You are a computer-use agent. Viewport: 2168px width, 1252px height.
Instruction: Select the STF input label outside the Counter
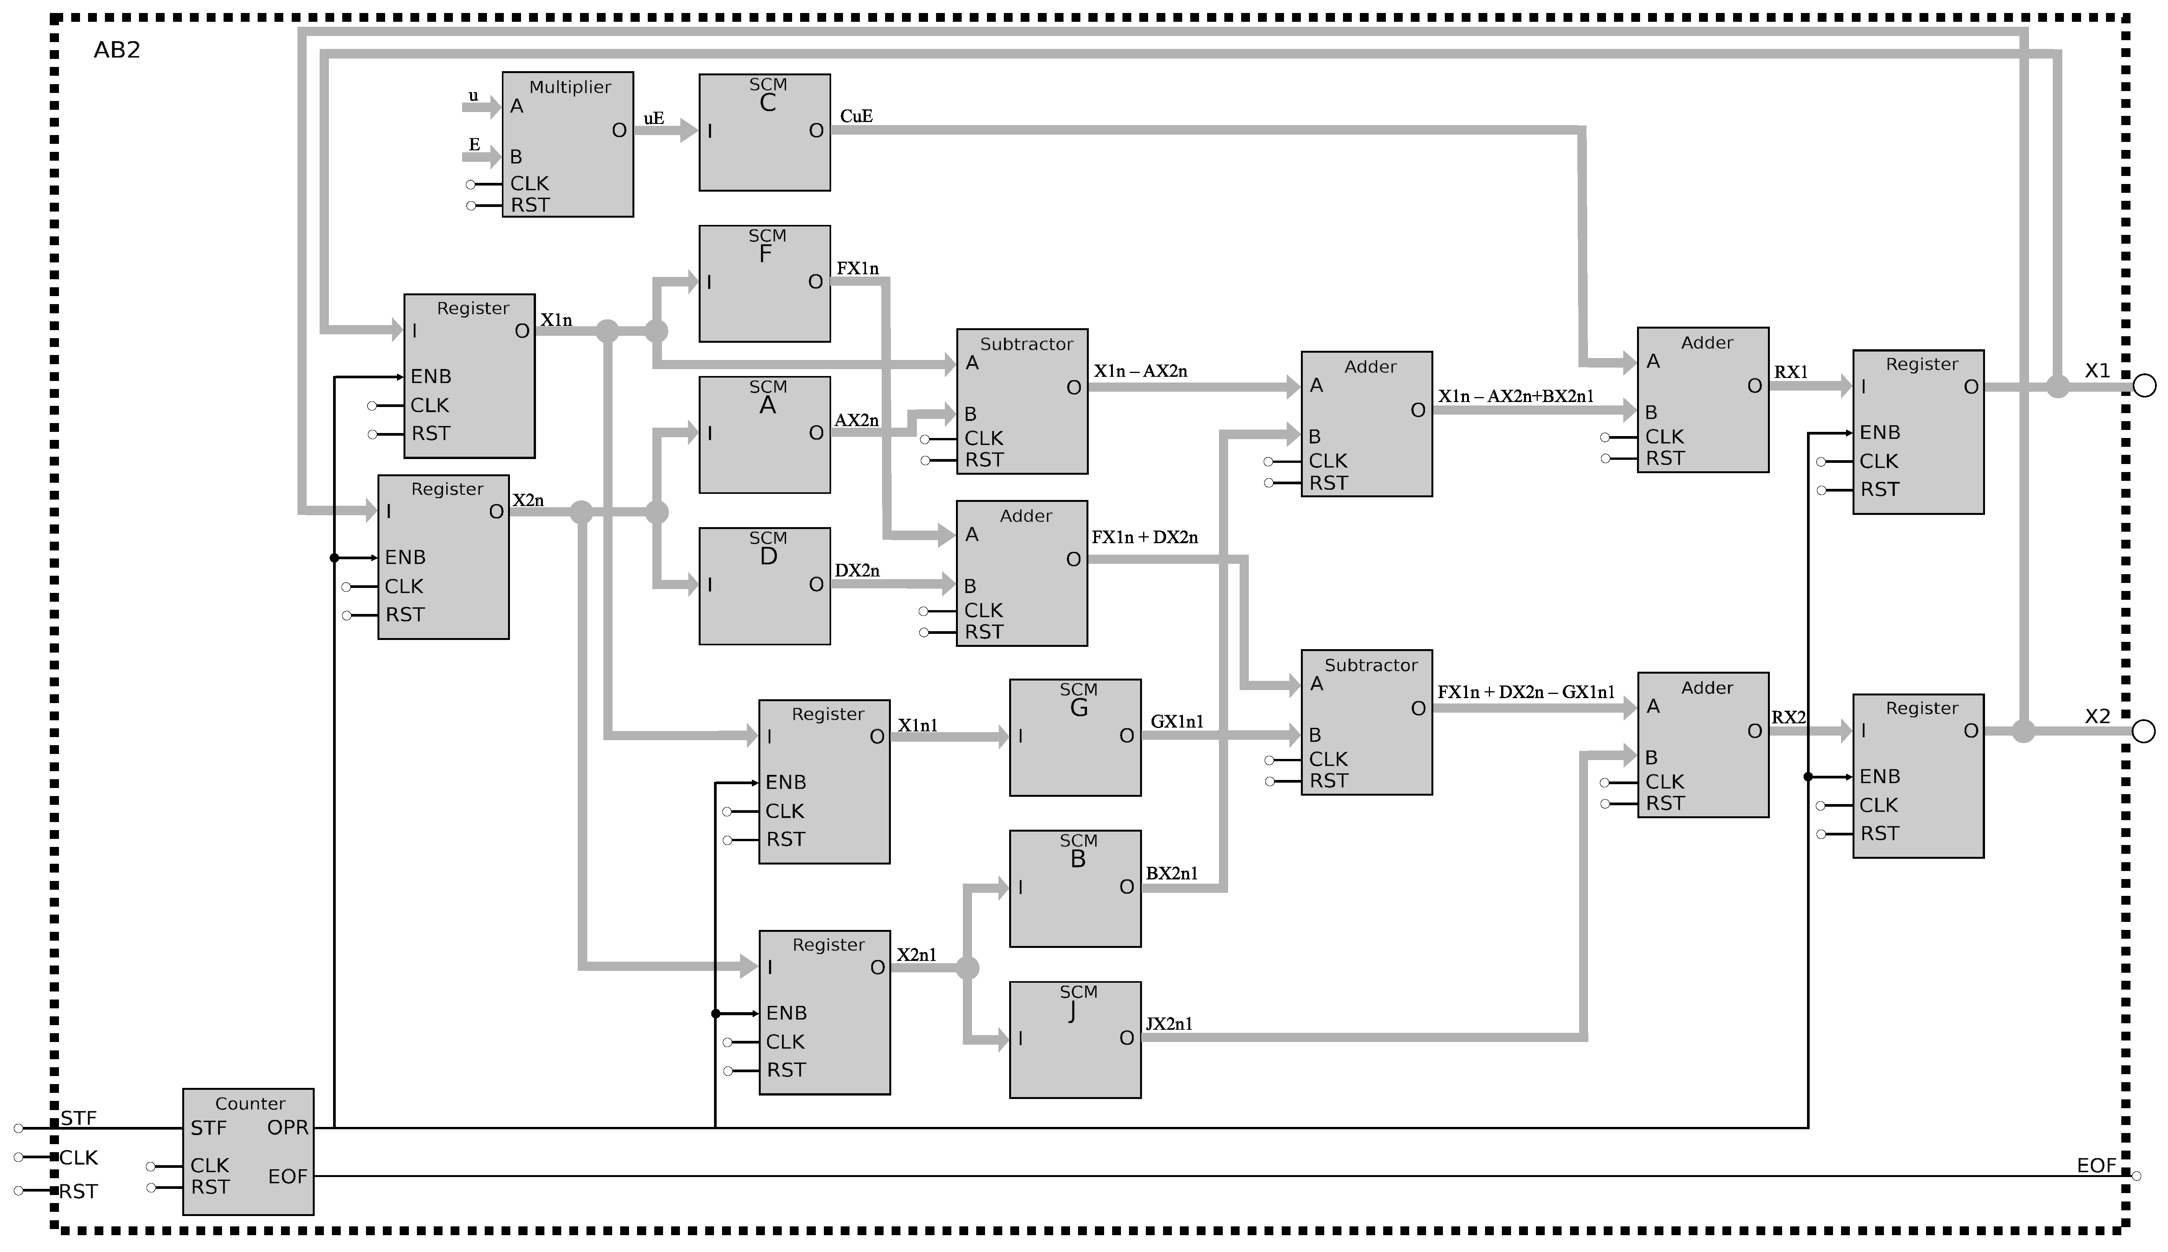click(78, 1118)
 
